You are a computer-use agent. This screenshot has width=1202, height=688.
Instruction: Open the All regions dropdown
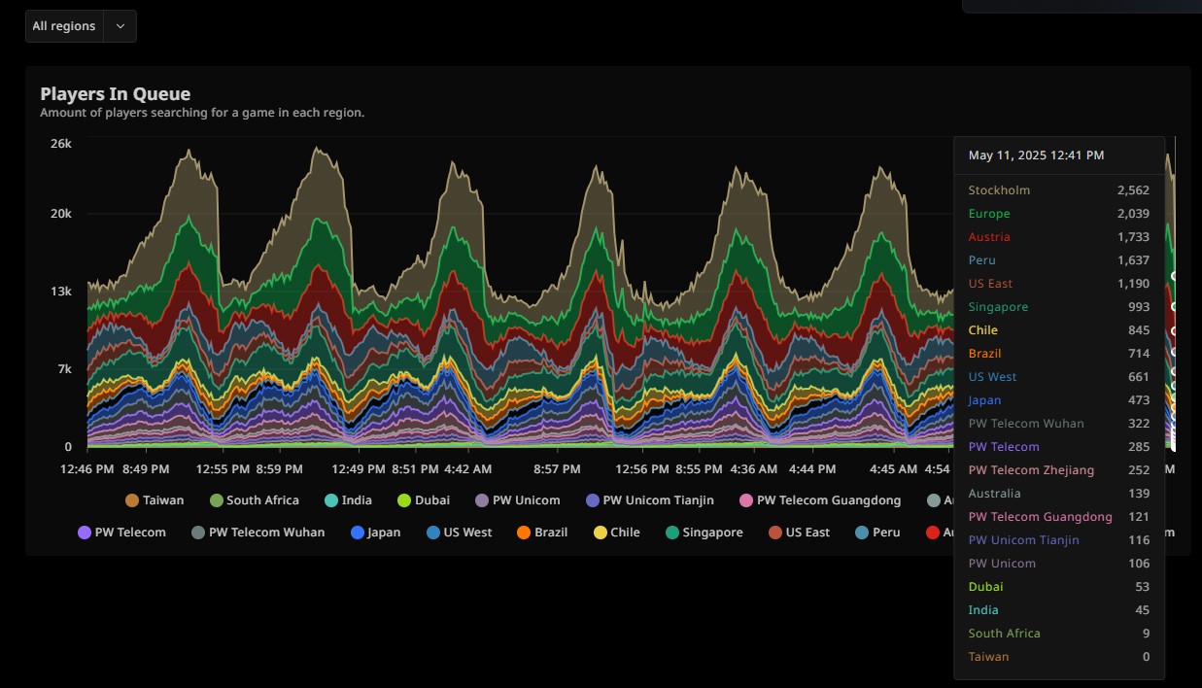pyautogui.click(x=81, y=26)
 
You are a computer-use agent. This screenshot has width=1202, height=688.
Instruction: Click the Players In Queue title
pyautogui.click(x=115, y=94)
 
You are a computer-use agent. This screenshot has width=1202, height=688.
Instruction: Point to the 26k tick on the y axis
pyautogui.click(x=61, y=144)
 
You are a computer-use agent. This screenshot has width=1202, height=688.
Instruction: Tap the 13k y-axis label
pyautogui.click(x=61, y=292)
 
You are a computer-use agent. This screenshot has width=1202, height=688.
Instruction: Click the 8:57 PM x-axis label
pyautogui.click(x=557, y=469)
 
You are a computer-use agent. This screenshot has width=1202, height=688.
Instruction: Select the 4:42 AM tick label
pyautogui.click(x=467, y=469)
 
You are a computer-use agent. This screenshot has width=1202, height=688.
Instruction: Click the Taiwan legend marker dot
pyautogui.click(x=132, y=500)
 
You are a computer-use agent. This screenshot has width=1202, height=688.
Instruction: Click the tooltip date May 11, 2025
pyautogui.click(x=1036, y=155)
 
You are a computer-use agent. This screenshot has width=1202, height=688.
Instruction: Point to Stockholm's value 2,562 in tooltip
pyautogui.click(x=1133, y=190)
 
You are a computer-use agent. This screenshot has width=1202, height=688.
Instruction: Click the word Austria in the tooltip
pyautogui.click(x=989, y=237)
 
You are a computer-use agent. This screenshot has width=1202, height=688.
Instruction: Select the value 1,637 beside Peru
pyautogui.click(x=1133, y=260)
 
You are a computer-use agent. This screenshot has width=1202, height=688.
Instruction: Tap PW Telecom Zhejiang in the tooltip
pyautogui.click(x=1031, y=470)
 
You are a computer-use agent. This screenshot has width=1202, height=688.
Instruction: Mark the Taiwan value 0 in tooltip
pyautogui.click(x=1146, y=657)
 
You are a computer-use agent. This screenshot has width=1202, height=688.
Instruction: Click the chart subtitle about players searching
pyautogui.click(x=202, y=113)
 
